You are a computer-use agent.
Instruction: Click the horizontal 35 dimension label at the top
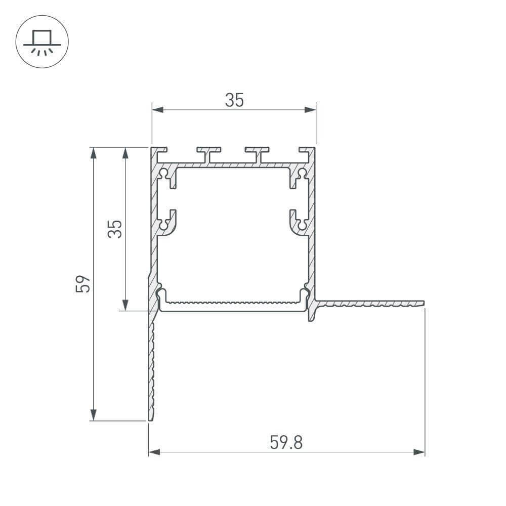point(234,101)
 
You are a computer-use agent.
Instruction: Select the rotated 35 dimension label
point(115,229)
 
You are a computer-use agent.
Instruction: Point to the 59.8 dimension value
point(286,443)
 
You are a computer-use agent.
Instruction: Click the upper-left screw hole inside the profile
point(164,174)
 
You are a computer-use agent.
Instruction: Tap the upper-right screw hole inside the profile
point(302,174)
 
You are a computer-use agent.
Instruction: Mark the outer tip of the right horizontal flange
point(423,304)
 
